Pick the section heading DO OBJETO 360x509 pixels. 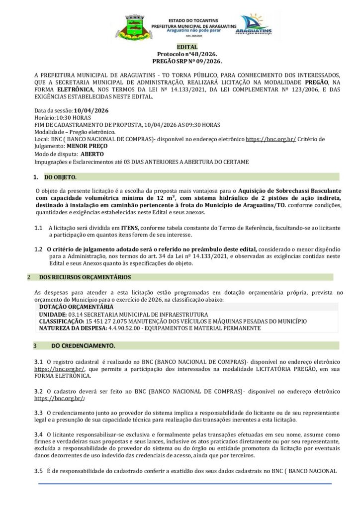pos(60,177)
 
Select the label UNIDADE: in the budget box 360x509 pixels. pos(52,315)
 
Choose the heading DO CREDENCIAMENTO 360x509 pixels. pos(83,345)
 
